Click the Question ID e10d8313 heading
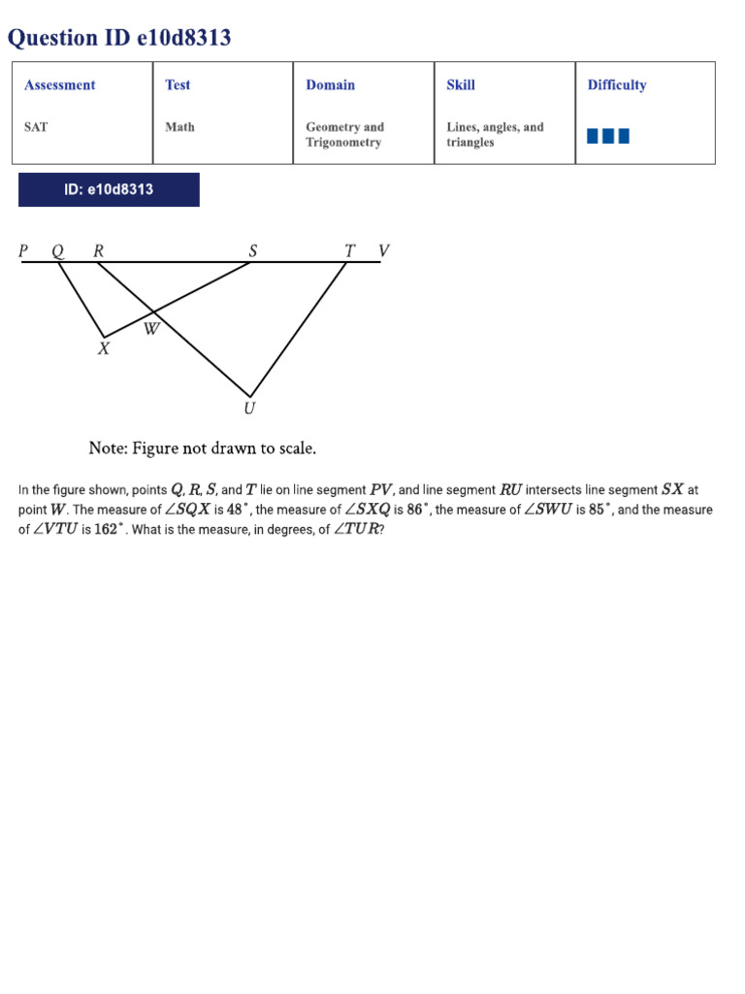coord(119,38)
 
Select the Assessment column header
coord(60,85)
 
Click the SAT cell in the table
coord(36,127)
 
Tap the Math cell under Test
coord(179,127)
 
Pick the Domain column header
coord(331,85)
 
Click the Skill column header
coord(461,85)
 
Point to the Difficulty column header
coord(617,85)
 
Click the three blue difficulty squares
coord(608,136)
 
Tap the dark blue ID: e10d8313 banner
coord(109,189)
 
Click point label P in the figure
coord(24,251)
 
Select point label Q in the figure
coord(58,251)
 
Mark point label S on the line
coord(253,251)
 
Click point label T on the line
coord(350,251)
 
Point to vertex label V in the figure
coord(383,251)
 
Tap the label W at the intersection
coord(151,329)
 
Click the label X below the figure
coord(104,348)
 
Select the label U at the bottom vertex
coord(249,409)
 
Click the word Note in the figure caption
coord(107,448)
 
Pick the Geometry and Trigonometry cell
coord(345,135)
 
